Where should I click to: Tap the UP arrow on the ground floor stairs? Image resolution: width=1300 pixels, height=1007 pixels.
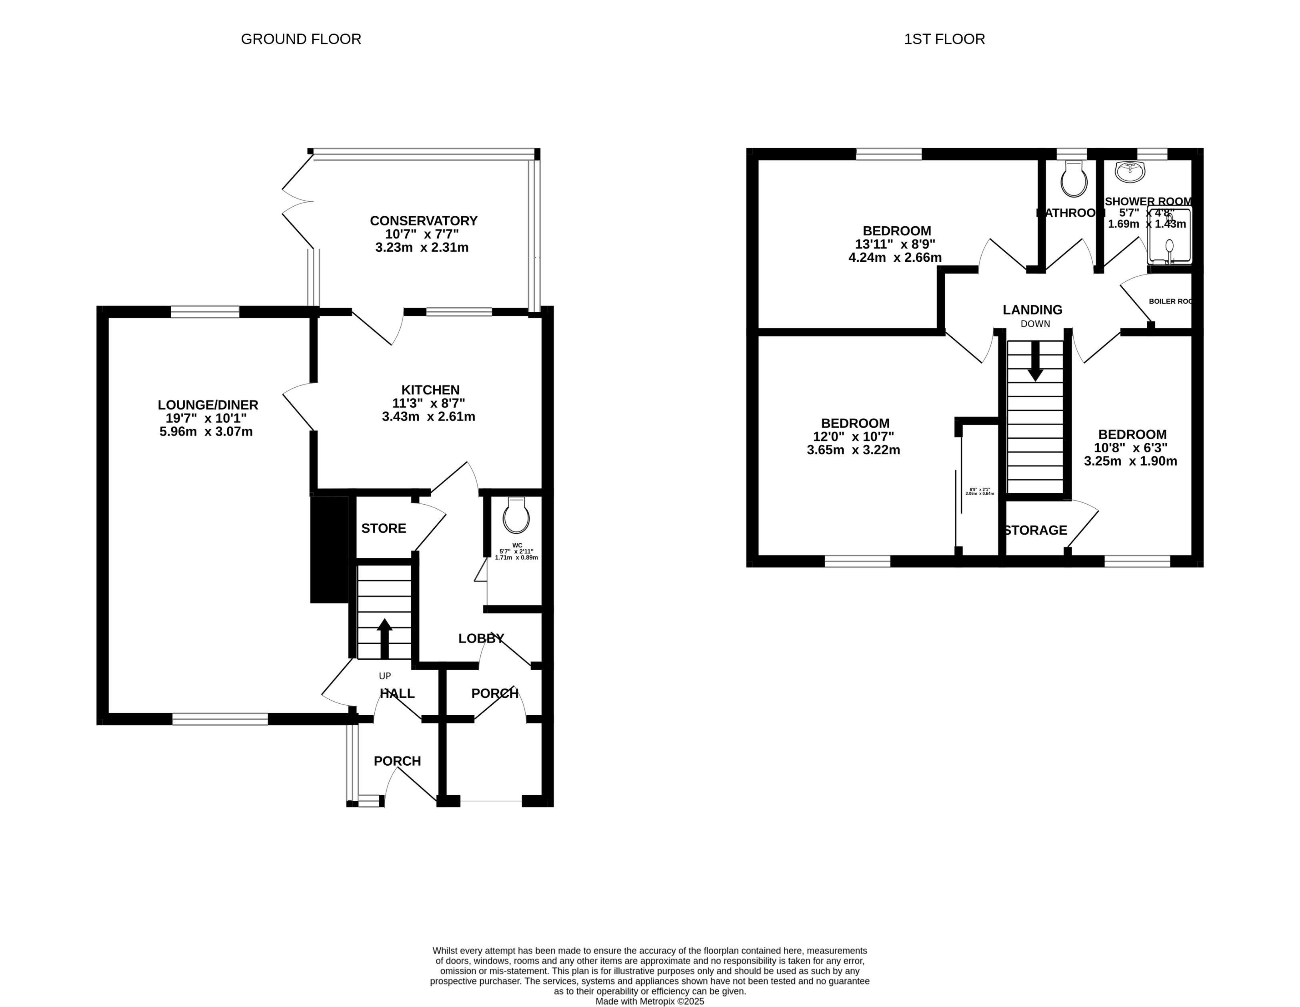click(x=384, y=638)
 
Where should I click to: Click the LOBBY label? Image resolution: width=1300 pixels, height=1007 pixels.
click(x=481, y=638)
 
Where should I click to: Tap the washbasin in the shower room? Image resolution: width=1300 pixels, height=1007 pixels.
click(x=1129, y=172)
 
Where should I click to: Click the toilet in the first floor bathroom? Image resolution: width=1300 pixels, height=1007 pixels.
click(x=1074, y=179)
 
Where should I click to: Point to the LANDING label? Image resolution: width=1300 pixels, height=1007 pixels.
click(x=1032, y=310)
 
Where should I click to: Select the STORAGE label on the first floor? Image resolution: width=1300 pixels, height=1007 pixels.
click(x=1035, y=530)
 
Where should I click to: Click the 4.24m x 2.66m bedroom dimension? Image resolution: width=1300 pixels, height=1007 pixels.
click(x=895, y=258)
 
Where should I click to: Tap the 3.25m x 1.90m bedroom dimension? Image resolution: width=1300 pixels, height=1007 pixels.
click(x=1130, y=461)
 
